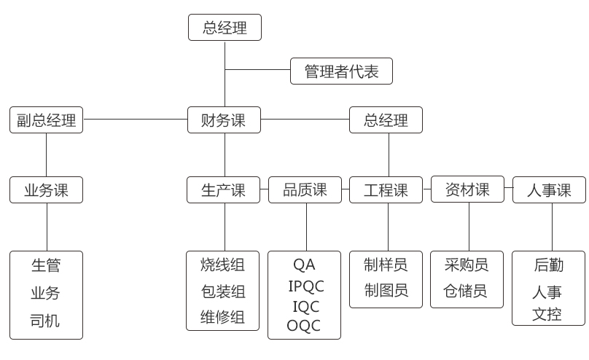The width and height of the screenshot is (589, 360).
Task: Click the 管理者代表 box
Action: pos(341,71)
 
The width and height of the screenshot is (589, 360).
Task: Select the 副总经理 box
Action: pos(47,120)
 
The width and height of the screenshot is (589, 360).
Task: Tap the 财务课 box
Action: pos(225,120)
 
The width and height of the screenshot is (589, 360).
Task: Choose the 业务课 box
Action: pos(47,190)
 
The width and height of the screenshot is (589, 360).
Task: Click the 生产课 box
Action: pos(224,190)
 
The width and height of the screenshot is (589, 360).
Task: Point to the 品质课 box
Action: pos(305,190)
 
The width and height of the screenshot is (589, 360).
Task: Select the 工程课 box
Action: pos(386,190)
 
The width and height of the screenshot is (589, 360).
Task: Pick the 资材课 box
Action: pos(468,190)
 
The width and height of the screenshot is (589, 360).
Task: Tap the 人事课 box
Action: pos(550,191)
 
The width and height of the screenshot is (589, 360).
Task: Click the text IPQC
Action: pos(305,285)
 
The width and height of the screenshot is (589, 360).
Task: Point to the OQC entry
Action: pos(304,326)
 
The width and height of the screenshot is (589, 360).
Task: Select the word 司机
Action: pos(45,321)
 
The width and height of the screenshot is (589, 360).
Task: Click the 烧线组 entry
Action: pos(223,264)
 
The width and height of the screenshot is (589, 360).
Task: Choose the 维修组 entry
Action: pos(223,318)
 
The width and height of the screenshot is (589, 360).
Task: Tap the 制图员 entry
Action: pos(386,291)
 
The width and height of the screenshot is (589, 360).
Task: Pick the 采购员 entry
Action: pos(466,265)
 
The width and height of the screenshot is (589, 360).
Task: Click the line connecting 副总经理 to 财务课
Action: pos(135,120)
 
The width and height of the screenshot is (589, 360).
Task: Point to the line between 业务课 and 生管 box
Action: pos(47,227)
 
